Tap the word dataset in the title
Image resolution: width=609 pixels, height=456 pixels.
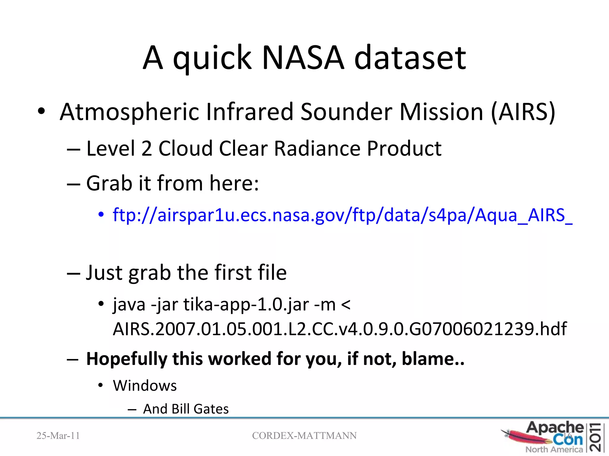tap(410, 58)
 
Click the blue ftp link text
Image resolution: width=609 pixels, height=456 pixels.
tap(342, 215)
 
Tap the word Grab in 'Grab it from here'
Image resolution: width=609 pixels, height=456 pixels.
tap(109, 183)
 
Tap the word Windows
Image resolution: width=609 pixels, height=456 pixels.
tap(145, 386)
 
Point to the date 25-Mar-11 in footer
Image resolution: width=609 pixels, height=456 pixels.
tap(58, 436)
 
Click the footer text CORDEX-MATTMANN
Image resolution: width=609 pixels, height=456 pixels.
tap(304, 436)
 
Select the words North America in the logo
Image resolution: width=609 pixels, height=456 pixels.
tap(554, 449)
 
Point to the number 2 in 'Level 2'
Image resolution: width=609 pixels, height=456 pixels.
tap(147, 148)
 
